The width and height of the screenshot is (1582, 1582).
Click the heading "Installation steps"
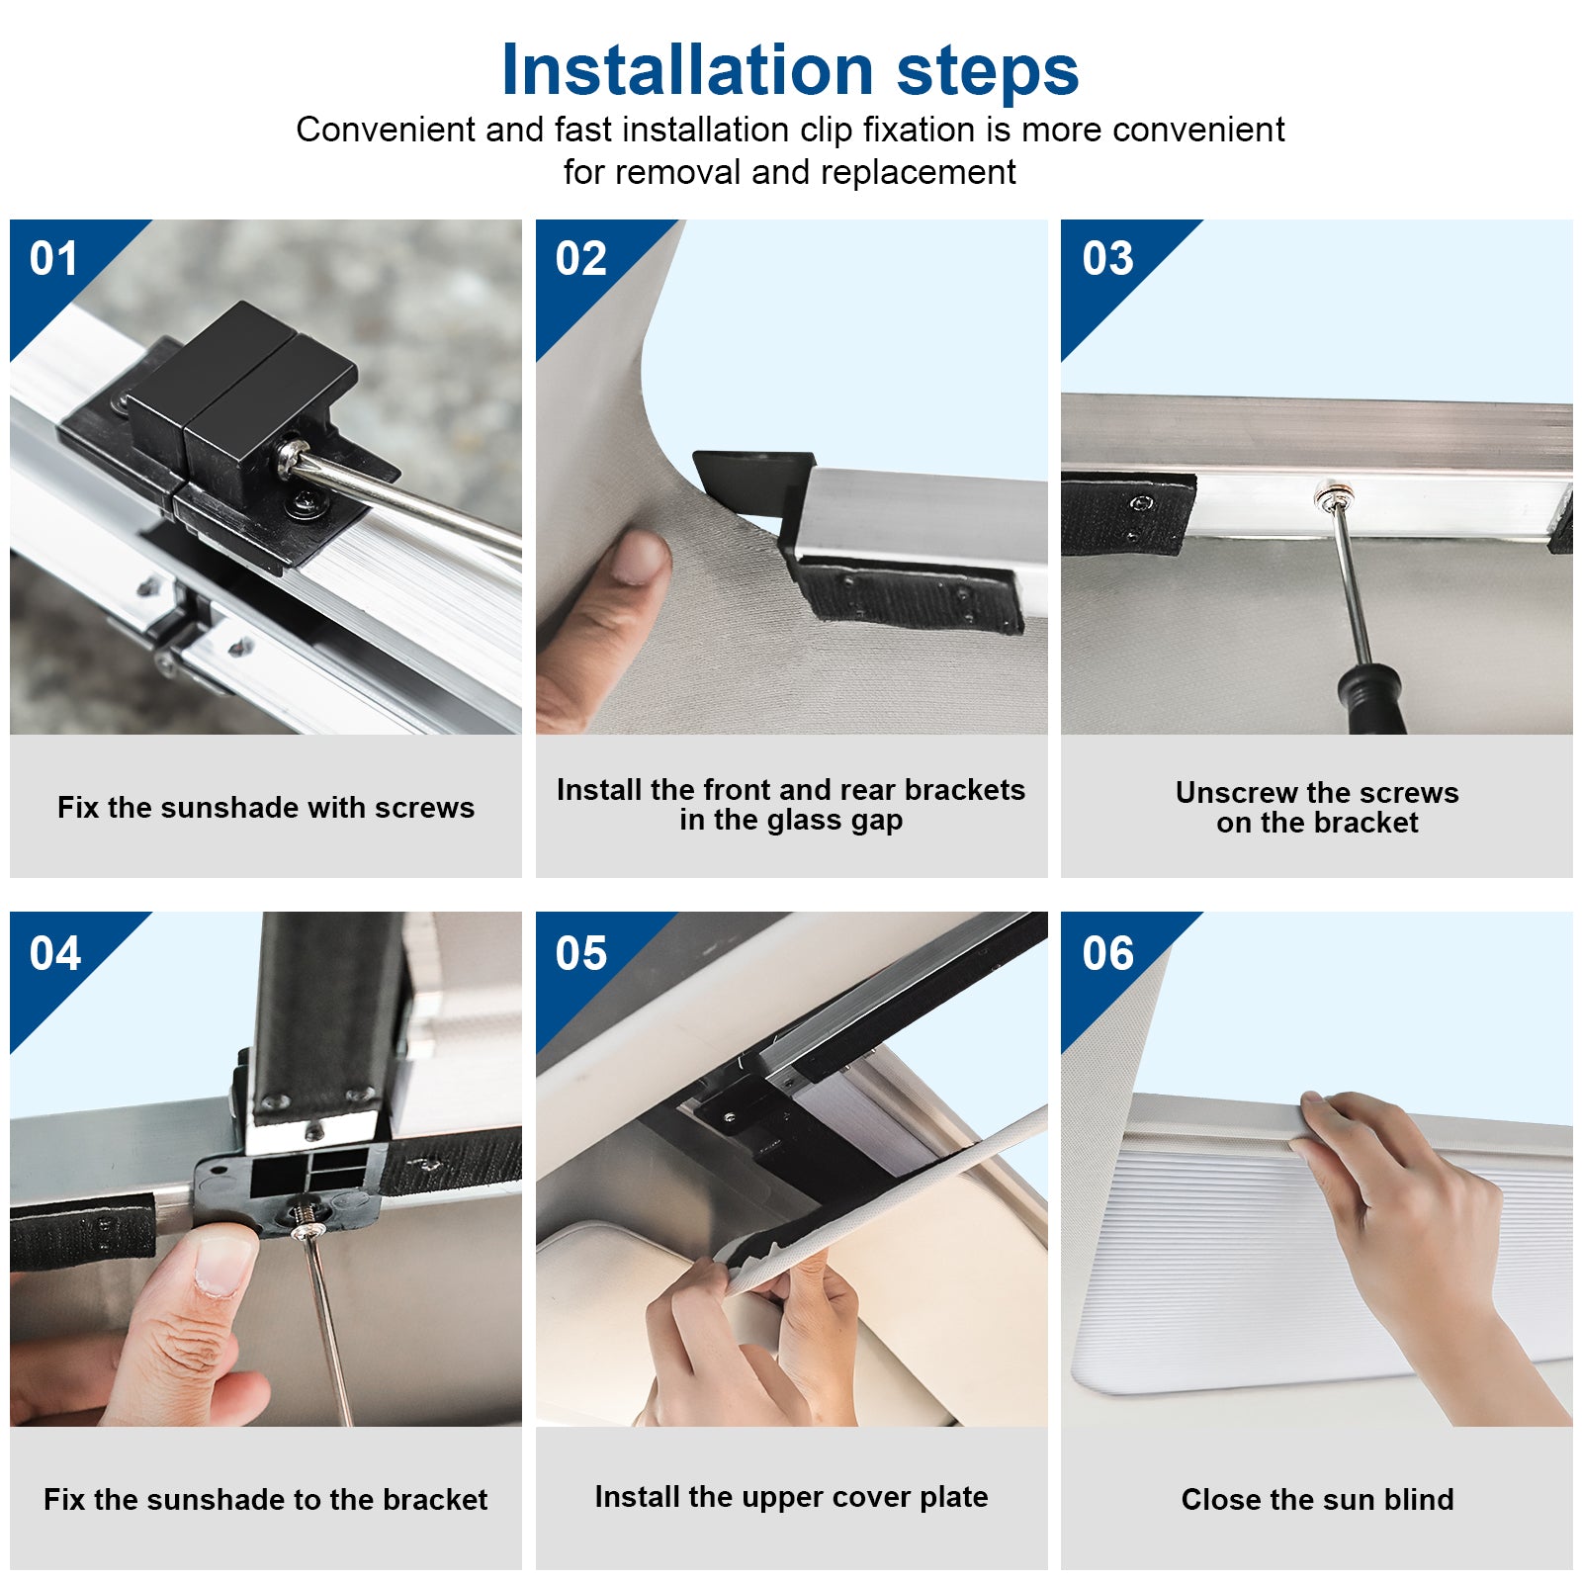click(x=790, y=70)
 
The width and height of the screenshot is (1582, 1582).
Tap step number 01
click(x=53, y=259)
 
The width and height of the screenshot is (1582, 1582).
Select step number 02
click(x=580, y=259)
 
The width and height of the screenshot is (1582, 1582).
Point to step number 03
click(x=1107, y=259)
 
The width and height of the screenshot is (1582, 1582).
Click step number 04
click(x=54, y=953)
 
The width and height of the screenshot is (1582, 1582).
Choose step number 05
click(x=580, y=953)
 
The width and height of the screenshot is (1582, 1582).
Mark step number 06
click(x=1107, y=953)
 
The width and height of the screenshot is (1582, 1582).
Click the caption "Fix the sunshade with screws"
click(x=266, y=808)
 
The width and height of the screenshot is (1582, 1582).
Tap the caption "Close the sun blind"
click(x=1317, y=1499)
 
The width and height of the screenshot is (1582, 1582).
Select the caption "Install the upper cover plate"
click(x=791, y=1497)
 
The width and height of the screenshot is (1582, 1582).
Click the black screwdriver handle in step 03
click(x=1372, y=698)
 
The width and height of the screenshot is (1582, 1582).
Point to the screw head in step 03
click(x=1327, y=494)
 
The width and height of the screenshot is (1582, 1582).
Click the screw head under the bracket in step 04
click(x=308, y=1229)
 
